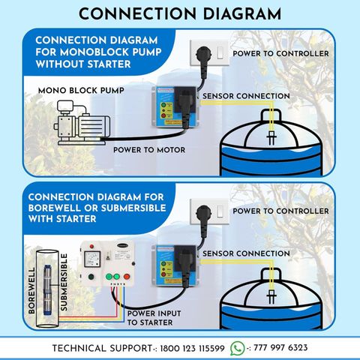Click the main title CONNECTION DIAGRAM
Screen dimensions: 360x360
tap(180, 13)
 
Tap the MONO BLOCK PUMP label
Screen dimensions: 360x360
tap(81, 91)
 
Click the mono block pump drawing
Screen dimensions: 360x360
tap(82, 122)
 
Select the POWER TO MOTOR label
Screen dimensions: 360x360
tap(149, 150)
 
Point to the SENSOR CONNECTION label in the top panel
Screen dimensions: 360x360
tap(246, 96)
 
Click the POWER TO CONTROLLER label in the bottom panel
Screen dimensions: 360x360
tap(280, 211)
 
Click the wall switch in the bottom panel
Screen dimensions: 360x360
tap(220, 211)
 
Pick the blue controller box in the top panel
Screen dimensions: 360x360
tap(175, 107)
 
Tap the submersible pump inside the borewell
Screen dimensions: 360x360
tap(46, 290)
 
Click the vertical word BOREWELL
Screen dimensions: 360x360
tap(31, 290)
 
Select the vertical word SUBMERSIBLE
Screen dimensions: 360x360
tap(64, 282)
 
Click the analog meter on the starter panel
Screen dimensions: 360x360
tap(92, 259)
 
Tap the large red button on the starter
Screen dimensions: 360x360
tap(127, 277)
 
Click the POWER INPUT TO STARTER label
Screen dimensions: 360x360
tap(154, 318)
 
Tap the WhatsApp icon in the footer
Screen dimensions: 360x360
tap(238, 348)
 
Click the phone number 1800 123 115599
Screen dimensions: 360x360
tap(192, 348)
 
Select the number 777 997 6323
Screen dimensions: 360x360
tap(280, 348)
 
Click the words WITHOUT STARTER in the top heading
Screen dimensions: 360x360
tap(83, 64)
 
